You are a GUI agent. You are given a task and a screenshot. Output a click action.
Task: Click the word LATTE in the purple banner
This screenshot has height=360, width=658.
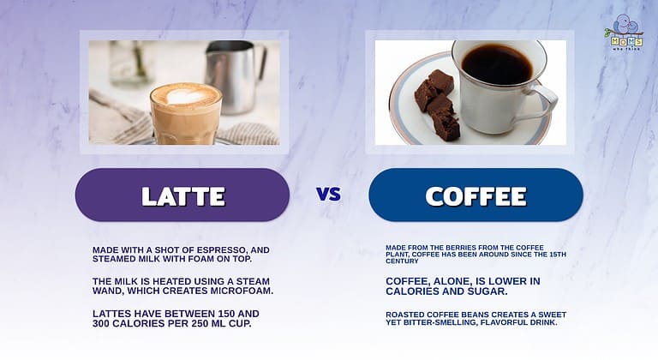(182, 195)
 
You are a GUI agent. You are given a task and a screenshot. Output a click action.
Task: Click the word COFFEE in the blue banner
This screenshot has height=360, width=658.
(476, 195)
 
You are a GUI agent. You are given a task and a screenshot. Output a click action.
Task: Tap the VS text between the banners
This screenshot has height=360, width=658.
(328, 195)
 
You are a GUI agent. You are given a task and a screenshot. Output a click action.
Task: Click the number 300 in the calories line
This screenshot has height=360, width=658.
(108, 323)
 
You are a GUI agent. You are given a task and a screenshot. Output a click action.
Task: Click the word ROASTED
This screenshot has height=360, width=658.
(406, 315)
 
